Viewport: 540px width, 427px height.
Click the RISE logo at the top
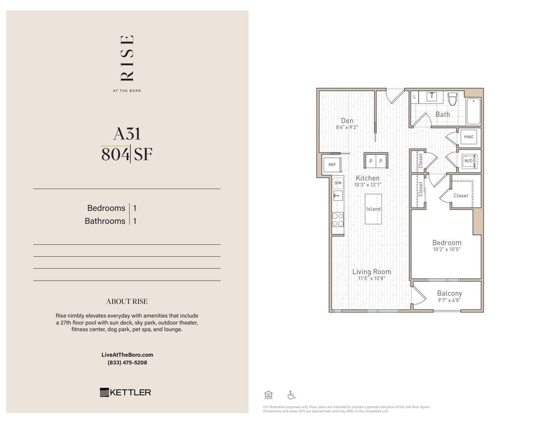click(x=127, y=58)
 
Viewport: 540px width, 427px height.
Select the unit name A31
click(x=127, y=134)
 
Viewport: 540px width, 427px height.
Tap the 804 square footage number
click(x=115, y=154)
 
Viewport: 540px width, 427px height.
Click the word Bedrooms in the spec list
click(x=106, y=208)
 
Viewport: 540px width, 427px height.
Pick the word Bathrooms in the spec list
click(x=105, y=221)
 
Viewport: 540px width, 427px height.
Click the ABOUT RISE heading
click(x=127, y=302)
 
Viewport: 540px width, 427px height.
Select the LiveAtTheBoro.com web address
click(x=127, y=355)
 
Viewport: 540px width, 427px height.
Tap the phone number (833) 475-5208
click(x=127, y=363)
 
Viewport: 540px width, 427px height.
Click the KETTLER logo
click(x=125, y=392)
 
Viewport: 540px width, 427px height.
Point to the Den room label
click(x=347, y=120)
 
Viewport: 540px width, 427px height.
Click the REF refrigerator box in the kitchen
click(x=332, y=165)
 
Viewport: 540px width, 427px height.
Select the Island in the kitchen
click(x=373, y=209)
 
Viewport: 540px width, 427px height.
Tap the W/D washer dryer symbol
click(x=468, y=161)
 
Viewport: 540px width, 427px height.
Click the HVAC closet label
click(x=468, y=137)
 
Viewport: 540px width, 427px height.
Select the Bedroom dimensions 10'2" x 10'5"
click(x=447, y=249)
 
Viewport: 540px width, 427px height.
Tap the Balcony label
click(x=449, y=293)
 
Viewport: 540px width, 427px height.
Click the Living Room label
click(x=371, y=272)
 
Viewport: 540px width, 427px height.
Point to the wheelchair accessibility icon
click(x=291, y=395)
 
